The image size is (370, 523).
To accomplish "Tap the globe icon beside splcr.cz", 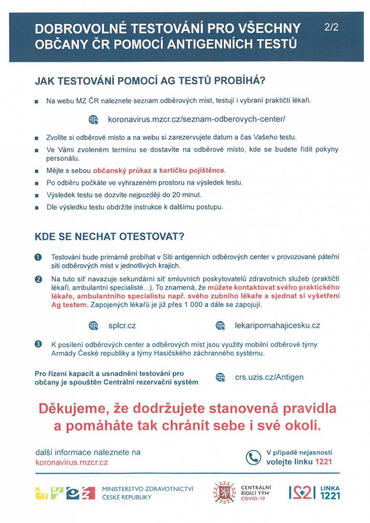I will pyautogui.click(x=93, y=325).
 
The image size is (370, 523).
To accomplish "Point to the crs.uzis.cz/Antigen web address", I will pyautogui.click(x=269, y=377).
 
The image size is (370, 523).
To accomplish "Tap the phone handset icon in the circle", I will pyautogui.click(x=253, y=457).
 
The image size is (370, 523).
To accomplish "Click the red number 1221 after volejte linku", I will pyautogui.click(x=323, y=462).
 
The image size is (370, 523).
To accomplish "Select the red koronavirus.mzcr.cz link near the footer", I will pyautogui.click(x=72, y=462).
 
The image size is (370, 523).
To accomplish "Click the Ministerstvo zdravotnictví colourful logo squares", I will pyautogui.click(x=64, y=492).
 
